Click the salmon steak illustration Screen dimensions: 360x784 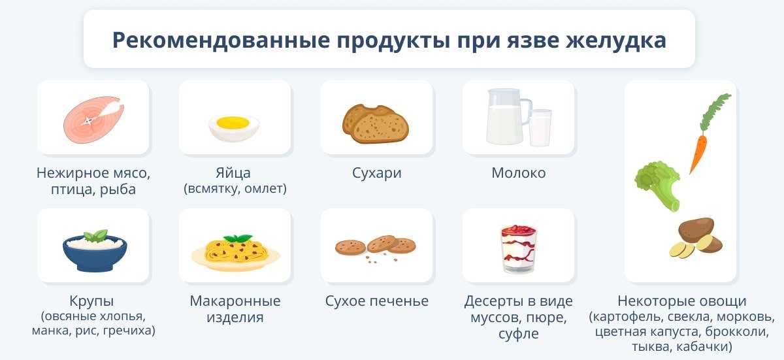click(x=91, y=118)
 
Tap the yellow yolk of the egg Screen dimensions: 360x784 click(x=233, y=122)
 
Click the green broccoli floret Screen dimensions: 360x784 click(x=657, y=183)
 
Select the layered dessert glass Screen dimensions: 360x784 click(x=518, y=248)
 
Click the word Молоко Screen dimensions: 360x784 click(x=518, y=173)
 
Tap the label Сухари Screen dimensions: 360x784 click(x=376, y=173)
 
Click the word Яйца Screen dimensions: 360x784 click(x=233, y=173)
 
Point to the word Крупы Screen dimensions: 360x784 click(x=91, y=301)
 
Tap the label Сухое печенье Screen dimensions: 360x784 click(x=377, y=301)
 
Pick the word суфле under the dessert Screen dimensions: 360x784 click(x=517, y=334)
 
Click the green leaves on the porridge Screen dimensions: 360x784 click(x=97, y=235)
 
